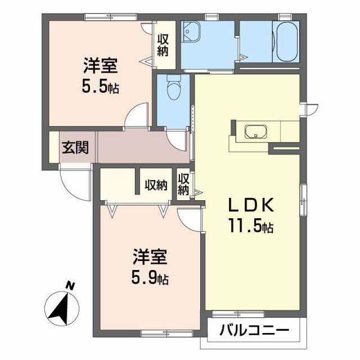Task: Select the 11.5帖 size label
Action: click(251, 227)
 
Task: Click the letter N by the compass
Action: click(70, 286)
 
